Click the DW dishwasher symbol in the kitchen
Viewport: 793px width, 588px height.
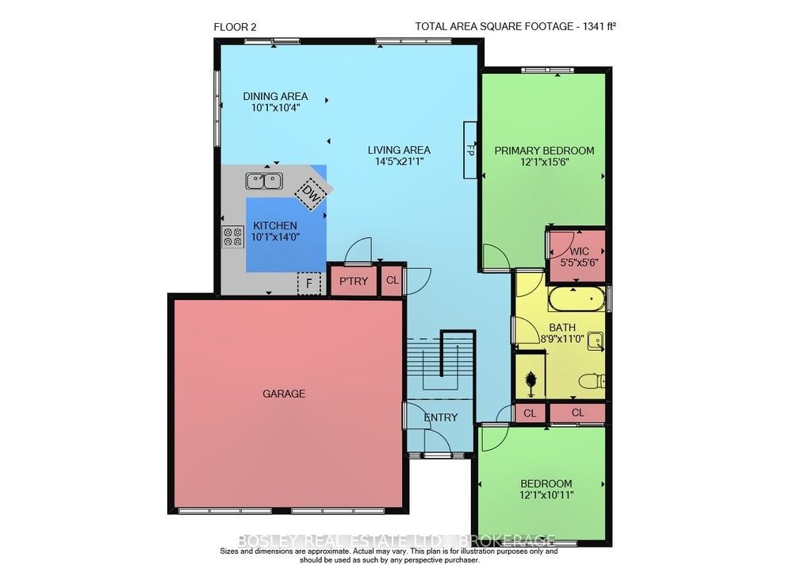(309, 194)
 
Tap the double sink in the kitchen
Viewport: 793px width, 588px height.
(264, 181)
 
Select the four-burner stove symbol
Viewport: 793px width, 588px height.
(232, 236)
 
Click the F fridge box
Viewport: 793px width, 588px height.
(309, 284)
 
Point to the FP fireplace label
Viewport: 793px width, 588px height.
(469, 150)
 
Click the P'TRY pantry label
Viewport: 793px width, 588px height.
(354, 282)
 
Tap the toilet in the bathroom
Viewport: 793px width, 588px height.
(592, 381)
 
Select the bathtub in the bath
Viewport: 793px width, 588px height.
(576, 299)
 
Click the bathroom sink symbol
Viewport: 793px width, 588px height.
(596, 341)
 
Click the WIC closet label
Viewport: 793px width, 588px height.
(579, 251)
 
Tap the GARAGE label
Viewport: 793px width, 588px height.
(284, 393)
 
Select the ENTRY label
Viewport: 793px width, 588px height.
(441, 417)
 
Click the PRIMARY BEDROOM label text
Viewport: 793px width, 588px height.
(544, 150)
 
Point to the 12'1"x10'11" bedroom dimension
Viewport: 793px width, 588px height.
(546, 495)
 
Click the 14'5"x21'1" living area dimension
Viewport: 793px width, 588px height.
(399, 161)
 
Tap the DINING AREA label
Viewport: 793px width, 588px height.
(276, 96)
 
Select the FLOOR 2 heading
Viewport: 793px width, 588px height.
(236, 27)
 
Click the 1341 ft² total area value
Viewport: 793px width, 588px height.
(600, 26)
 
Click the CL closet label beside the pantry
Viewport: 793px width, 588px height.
(393, 280)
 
